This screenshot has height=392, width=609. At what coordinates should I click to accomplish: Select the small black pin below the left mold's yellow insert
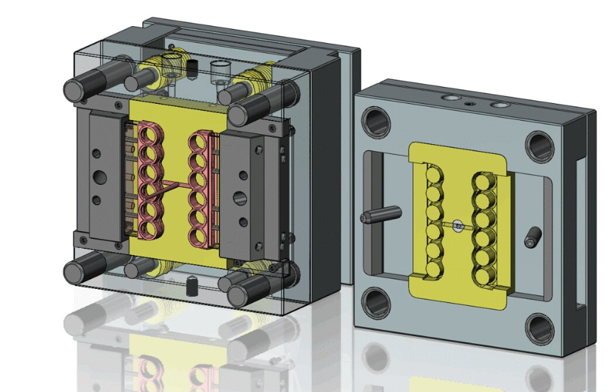[x=190, y=286]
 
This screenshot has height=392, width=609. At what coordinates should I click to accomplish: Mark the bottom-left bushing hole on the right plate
[x=374, y=303]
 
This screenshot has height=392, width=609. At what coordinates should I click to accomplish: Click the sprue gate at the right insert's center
[x=458, y=227]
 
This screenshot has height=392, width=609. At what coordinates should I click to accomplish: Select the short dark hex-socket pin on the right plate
[x=530, y=239]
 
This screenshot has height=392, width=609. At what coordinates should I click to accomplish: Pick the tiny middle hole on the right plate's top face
[x=470, y=103]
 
